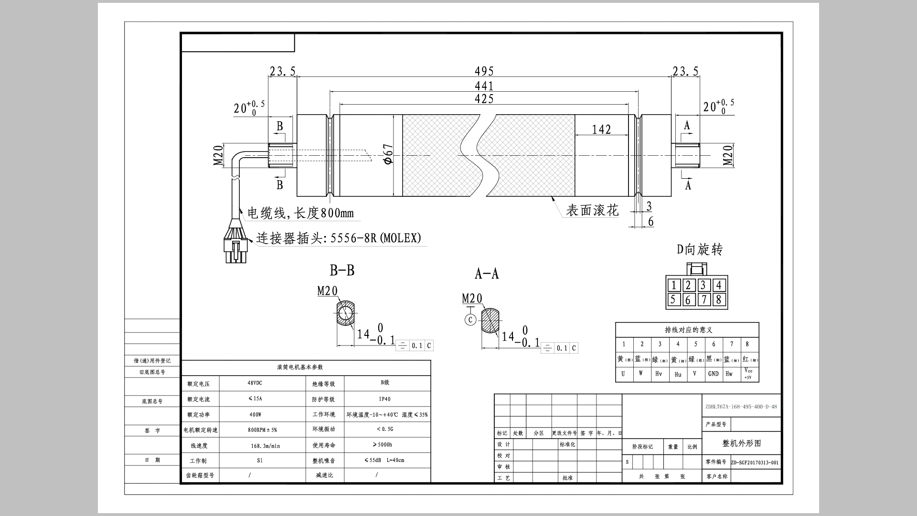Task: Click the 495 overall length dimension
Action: click(484, 72)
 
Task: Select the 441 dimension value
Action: click(484, 86)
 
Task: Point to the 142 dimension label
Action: click(601, 129)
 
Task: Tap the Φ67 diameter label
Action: click(389, 154)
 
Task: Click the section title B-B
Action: click(342, 270)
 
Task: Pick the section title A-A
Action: click(487, 274)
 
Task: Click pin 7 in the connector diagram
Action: click(704, 300)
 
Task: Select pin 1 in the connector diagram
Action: click(673, 285)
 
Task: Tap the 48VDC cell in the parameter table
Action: click(255, 383)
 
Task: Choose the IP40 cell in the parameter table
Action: click(384, 399)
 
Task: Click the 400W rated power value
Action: click(255, 415)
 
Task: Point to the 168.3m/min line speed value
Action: click(265, 446)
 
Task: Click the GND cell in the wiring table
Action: click(713, 374)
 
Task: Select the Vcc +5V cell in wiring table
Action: click(748, 374)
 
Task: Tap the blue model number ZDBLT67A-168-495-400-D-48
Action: click(741, 407)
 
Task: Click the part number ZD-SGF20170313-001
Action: click(755, 462)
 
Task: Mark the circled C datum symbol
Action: click(470, 320)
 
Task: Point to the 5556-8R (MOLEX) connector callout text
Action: click(376, 238)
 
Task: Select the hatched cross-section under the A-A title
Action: click(490, 321)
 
